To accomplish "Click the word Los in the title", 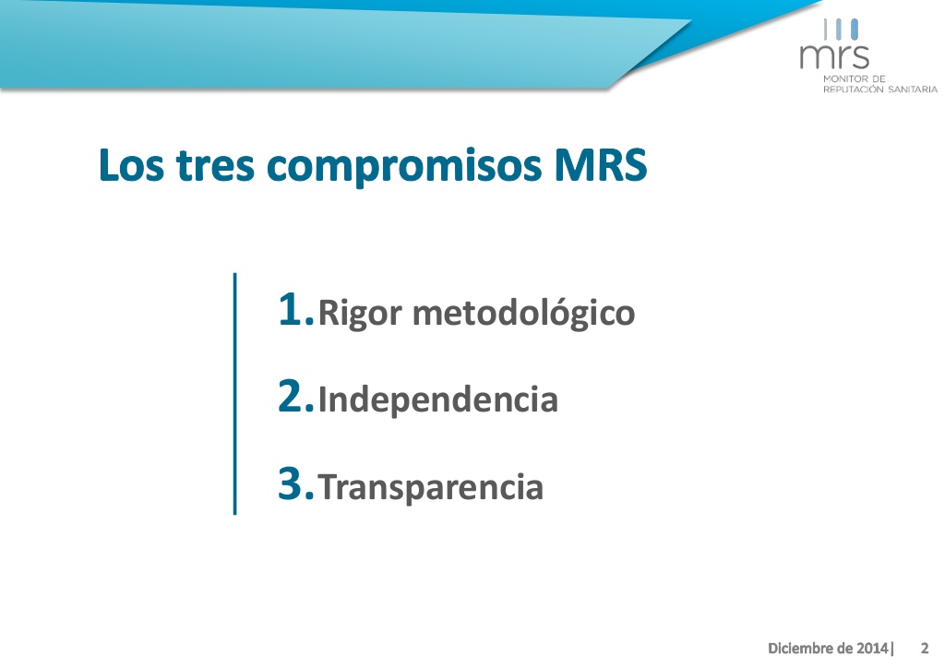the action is click(131, 164).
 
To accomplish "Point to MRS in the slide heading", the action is click(600, 164).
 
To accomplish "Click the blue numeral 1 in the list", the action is click(290, 309).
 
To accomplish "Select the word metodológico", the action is click(524, 314).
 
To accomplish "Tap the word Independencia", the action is click(438, 399).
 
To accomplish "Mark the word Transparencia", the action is click(431, 487).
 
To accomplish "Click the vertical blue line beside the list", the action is click(234, 394).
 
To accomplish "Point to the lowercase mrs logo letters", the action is click(834, 56).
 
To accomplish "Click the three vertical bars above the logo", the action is click(841, 30).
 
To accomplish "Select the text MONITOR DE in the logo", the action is click(854, 79).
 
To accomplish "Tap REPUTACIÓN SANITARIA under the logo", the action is click(879, 89).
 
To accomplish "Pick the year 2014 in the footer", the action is click(873, 648).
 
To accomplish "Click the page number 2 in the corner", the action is click(925, 648).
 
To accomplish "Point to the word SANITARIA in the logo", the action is click(913, 89).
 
